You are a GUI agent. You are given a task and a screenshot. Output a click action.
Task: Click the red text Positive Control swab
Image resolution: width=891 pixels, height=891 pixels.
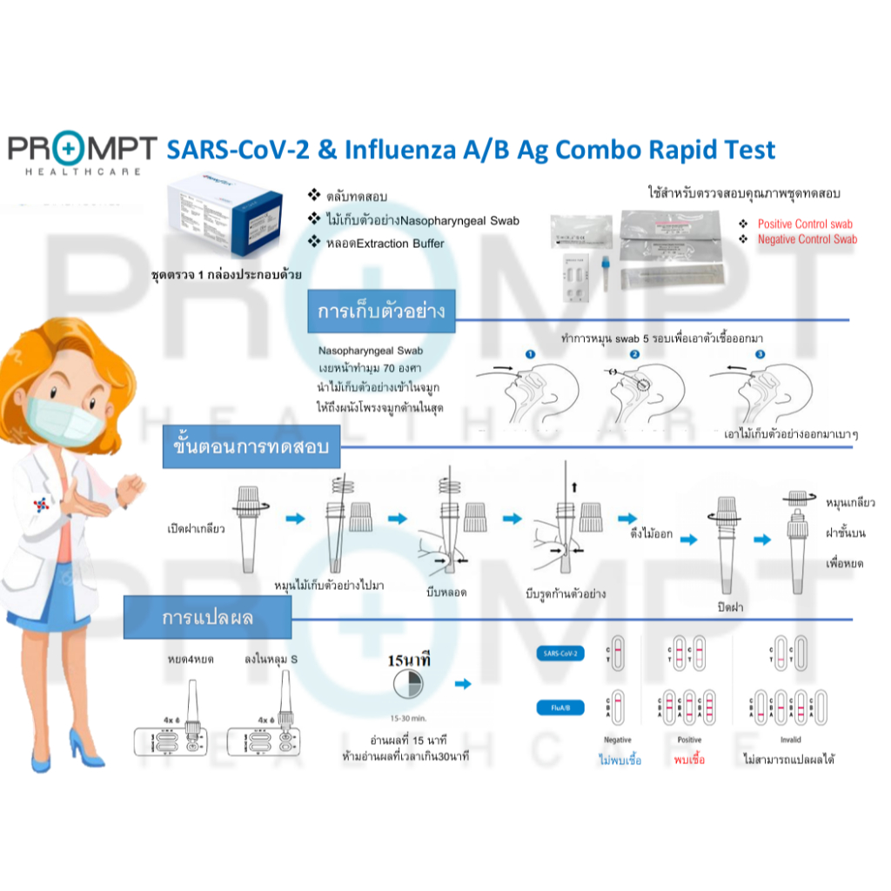pos(805,224)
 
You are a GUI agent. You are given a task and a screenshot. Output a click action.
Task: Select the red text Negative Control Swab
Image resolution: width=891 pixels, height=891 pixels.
pos(807,239)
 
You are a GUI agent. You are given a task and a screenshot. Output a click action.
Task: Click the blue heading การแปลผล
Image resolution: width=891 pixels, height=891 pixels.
pos(208,618)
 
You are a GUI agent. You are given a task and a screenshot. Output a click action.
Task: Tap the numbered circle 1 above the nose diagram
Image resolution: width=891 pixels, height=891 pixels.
pos(529,354)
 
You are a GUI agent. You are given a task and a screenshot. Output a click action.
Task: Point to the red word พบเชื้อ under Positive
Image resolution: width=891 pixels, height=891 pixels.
pos(689,759)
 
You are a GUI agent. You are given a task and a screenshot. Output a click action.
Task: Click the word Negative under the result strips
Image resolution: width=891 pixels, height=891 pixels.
pos(617,740)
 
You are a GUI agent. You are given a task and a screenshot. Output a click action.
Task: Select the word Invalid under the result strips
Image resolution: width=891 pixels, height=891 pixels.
pos(790,740)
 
